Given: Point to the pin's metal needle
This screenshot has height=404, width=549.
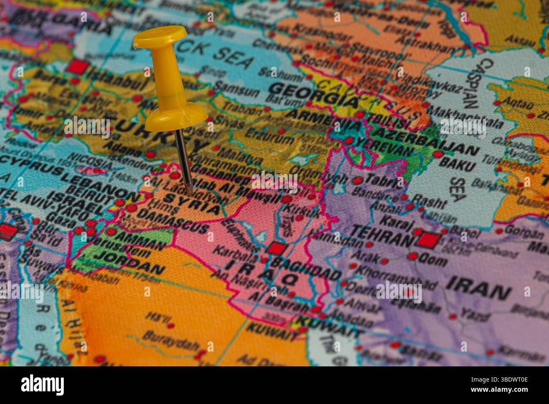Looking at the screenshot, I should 184,161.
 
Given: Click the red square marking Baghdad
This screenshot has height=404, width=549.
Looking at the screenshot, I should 276,248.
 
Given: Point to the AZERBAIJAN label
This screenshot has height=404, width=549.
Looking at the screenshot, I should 427,142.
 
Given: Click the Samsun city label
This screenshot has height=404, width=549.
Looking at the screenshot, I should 236,90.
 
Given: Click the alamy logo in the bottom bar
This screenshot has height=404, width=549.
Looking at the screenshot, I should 43,385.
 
